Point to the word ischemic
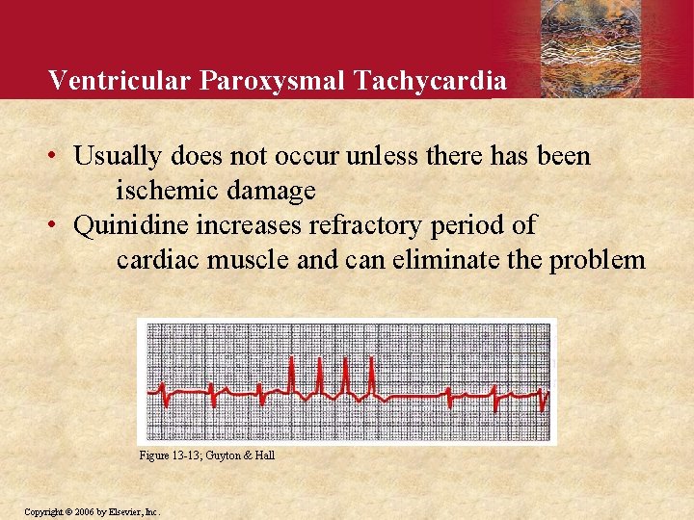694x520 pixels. pos(170,191)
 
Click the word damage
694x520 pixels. pos(273,191)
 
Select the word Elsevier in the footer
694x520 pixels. pos(125,511)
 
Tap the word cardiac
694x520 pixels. pos(150,261)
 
